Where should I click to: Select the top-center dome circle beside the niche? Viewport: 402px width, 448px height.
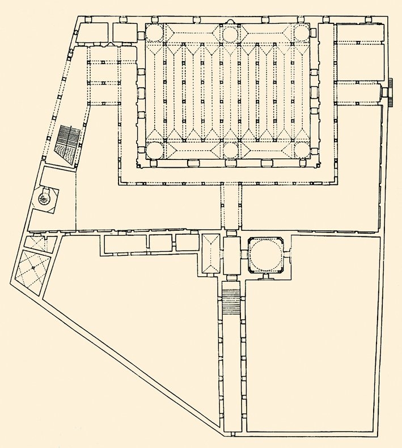pyautogui.click(x=230, y=33)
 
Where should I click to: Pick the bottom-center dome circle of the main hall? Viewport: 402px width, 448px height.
pyautogui.click(x=230, y=150)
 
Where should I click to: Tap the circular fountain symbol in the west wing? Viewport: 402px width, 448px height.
pyautogui.click(x=45, y=197)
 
